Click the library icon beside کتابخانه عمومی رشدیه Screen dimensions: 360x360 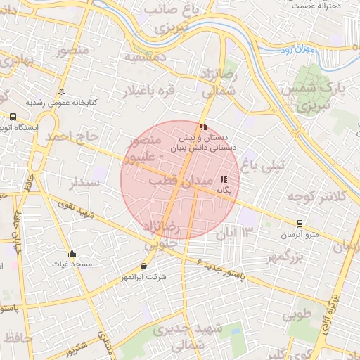click(x=61, y=91)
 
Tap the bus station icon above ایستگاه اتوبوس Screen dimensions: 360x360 click(x=13, y=117)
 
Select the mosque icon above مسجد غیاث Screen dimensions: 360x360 click(x=71, y=254)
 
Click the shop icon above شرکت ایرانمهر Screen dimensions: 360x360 click(x=144, y=266)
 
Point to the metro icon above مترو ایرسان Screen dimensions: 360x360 click(x=300, y=223)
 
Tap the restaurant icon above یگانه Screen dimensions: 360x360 click(x=224, y=180)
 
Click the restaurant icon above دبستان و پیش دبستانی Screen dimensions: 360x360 click(x=203, y=127)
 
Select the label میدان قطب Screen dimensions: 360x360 click(x=179, y=182)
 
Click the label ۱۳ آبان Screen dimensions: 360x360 click(x=238, y=232)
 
